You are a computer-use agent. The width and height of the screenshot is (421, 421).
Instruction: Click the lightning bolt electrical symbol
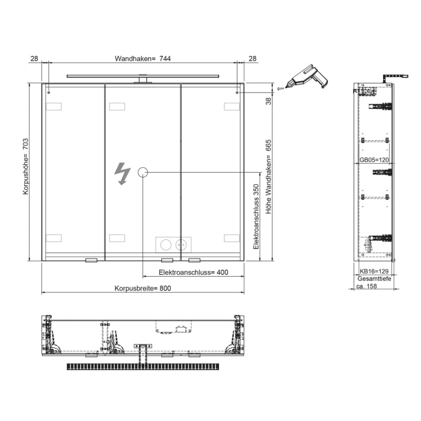pyautogui.click(x=123, y=174)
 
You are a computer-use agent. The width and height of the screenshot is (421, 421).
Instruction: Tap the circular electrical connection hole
pyautogui.click(x=143, y=173)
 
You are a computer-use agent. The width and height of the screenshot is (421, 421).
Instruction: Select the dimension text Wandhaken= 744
pyautogui.click(x=143, y=58)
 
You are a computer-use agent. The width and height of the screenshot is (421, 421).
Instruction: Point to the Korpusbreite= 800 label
pyautogui.click(x=143, y=288)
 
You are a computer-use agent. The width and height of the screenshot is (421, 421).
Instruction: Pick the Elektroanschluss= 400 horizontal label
pyautogui.click(x=193, y=272)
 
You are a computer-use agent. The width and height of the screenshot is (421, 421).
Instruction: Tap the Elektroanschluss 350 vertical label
pyautogui.click(x=256, y=217)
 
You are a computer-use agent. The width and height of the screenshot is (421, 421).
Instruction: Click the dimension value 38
pyautogui.click(x=269, y=101)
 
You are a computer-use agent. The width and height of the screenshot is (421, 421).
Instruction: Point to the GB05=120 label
pyautogui.click(x=374, y=161)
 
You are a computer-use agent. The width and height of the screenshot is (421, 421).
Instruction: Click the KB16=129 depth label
pyautogui.click(x=375, y=272)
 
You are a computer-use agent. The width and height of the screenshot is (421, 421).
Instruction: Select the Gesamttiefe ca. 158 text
pyautogui.click(x=374, y=283)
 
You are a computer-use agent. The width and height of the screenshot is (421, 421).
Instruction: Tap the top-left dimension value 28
pyautogui.click(x=34, y=58)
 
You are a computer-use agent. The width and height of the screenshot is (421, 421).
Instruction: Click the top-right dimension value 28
pyautogui.click(x=252, y=58)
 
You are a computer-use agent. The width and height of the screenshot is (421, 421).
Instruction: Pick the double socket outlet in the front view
pyautogui.click(x=173, y=244)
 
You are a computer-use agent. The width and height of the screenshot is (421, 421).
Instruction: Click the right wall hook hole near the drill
pyautogui.click(x=238, y=93)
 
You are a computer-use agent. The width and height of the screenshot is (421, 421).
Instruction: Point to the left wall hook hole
pyautogui.click(x=49, y=93)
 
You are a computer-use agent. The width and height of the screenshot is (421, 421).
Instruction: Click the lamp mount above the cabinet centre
pyautogui.click(x=143, y=79)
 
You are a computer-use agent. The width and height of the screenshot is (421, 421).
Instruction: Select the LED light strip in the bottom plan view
pyautogui.click(x=143, y=366)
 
